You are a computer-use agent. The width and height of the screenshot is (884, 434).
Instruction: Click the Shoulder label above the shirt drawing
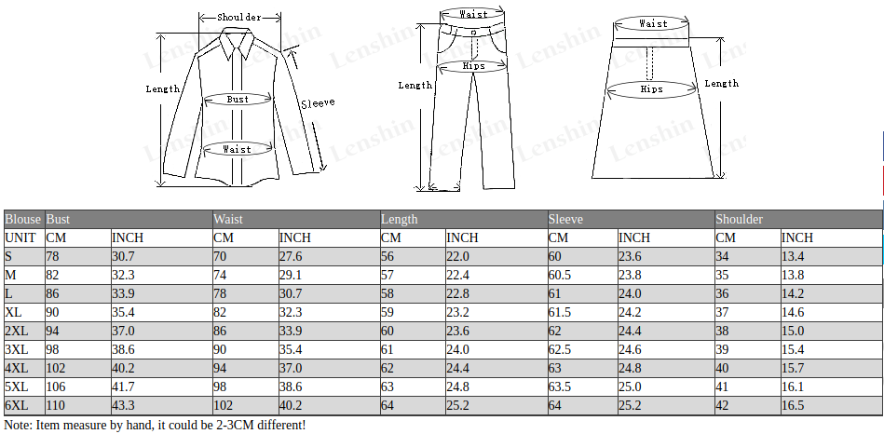point(239,18)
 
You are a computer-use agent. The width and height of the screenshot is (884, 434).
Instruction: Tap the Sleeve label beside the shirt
point(318,103)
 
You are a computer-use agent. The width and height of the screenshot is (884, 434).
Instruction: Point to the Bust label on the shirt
point(238,100)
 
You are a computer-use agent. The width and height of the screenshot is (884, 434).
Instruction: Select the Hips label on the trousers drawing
point(473,66)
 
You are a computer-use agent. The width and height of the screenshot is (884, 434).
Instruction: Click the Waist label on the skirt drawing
point(653,23)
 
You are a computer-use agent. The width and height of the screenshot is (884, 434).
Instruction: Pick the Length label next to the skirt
point(722,84)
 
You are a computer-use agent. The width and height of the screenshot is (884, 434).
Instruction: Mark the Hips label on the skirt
point(651,89)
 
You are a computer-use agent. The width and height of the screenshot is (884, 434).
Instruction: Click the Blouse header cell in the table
point(23,219)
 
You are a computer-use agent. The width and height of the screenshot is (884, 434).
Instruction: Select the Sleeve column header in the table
point(566,219)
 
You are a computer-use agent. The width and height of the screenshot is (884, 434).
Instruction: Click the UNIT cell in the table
point(20,237)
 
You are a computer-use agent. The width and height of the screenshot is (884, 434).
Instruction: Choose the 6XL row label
point(17,405)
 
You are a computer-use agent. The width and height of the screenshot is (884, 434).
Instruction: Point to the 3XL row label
point(17,349)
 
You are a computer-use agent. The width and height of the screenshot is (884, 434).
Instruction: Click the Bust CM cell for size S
point(52,256)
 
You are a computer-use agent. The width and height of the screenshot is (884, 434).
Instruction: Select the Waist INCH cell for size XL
point(291,312)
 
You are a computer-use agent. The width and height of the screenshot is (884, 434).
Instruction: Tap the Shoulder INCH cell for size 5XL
point(793,387)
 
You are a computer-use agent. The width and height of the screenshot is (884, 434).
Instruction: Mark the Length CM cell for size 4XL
point(388,368)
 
